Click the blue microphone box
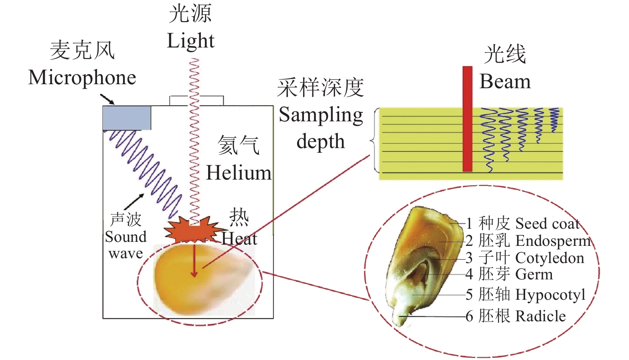(127, 118)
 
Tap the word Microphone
(82, 77)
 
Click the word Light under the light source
(190, 41)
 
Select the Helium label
(238, 173)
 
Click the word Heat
(239, 239)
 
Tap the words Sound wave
(125, 245)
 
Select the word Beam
(505, 82)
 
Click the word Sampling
(321, 115)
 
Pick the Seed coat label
(547, 224)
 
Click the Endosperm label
(553, 241)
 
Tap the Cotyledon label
(550, 258)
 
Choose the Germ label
(534, 275)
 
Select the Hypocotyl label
(550, 295)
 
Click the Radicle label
(540, 316)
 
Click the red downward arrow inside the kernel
(194, 261)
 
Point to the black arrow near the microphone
(107, 99)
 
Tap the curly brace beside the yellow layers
(374, 140)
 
